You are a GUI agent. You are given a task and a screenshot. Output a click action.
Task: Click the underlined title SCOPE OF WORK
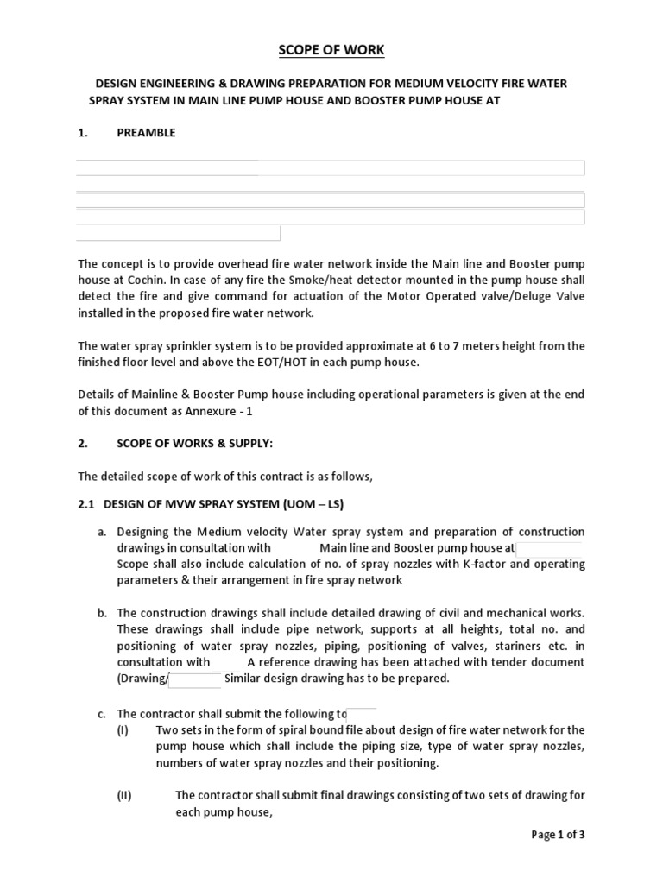click(x=331, y=50)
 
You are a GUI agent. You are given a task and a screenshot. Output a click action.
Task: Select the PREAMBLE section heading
click(x=146, y=133)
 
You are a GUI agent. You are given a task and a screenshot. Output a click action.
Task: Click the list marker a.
click(x=101, y=532)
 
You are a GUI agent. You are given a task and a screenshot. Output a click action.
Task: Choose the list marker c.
click(x=101, y=714)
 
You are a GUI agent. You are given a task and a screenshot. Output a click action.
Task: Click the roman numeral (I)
click(x=123, y=730)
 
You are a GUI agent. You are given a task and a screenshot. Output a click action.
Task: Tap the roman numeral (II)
click(x=124, y=796)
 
